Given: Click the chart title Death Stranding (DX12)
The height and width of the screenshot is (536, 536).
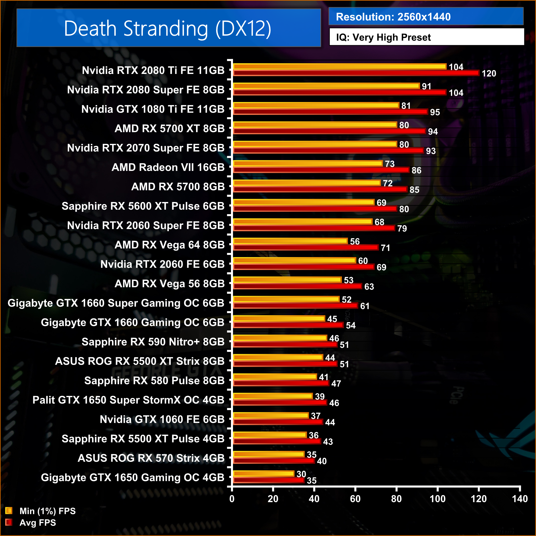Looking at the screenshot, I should [x=167, y=28].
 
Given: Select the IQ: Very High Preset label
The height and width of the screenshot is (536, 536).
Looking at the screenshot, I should [x=383, y=37].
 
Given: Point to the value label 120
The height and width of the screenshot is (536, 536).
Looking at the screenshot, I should [x=489, y=73].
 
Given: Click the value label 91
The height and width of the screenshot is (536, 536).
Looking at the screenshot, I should [x=426, y=86].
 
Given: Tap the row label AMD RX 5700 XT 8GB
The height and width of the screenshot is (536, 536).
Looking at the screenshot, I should [x=169, y=129].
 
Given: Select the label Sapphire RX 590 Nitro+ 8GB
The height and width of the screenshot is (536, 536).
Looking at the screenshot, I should [x=153, y=342].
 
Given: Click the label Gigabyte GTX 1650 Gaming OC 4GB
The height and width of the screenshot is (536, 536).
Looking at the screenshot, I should [x=133, y=477].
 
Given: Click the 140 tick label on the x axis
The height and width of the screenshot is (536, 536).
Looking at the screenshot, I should [x=520, y=499].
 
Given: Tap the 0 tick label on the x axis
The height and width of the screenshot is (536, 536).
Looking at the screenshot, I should [x=232, y=499].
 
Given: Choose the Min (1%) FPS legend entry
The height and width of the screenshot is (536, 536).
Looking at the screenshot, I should [x=47, y=511].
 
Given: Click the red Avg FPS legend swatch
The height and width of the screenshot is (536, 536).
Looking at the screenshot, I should [x=9, y=522].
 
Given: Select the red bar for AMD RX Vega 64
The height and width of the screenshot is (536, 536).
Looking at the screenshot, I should [x=306, y=247].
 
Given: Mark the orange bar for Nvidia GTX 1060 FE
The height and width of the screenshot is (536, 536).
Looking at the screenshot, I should [x=271, y=415].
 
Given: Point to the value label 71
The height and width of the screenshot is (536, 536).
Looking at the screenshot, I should [x=385, y=248].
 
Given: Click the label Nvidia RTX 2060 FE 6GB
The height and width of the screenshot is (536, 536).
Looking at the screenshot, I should [x=162, y=264].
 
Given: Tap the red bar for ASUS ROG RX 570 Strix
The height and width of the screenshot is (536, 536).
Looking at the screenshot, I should [x=274, y=461].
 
